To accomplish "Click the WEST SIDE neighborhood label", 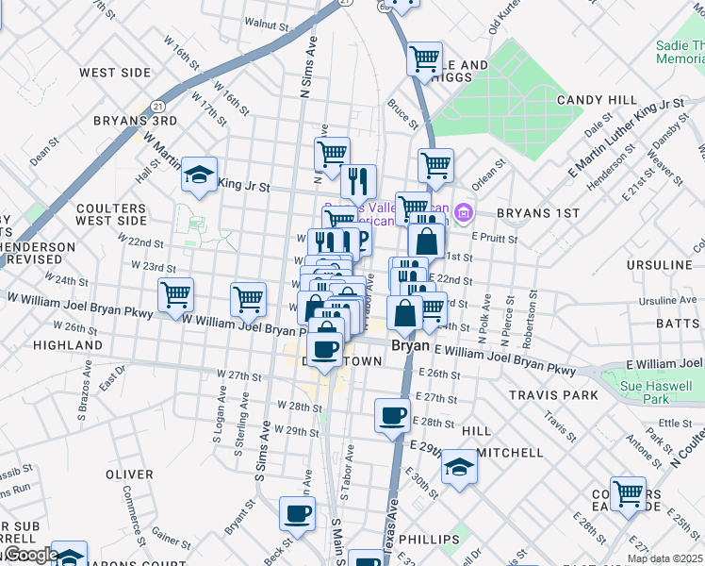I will (x=114, y=73).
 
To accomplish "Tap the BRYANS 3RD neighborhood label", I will (x=136, y=121).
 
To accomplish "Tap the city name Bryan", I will (x=410, y=346).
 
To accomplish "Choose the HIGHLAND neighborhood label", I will (x=67, y=346).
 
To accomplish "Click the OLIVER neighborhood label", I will (x=130, y=474).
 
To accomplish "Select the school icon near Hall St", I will (x=199, y=174).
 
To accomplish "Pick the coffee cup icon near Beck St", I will (x=297, y=514).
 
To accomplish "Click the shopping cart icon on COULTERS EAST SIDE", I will (x=628, y=492).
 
